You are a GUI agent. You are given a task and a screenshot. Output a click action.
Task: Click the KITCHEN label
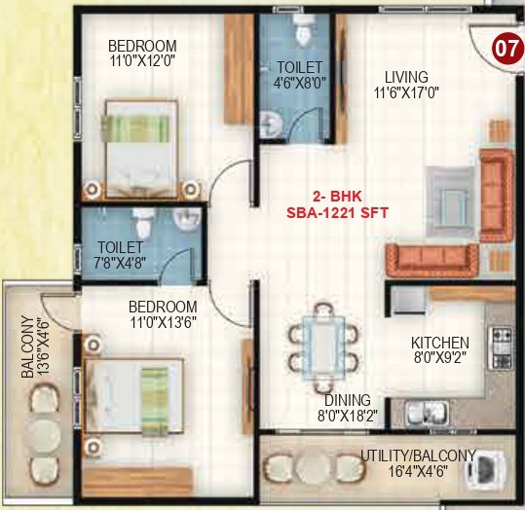click(439, 343)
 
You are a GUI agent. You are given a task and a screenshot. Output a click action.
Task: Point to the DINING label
click(348, 400)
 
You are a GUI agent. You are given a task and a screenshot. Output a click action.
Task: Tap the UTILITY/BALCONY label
click(418, 455)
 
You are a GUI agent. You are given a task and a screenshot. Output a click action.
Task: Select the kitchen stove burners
click(502, 342)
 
